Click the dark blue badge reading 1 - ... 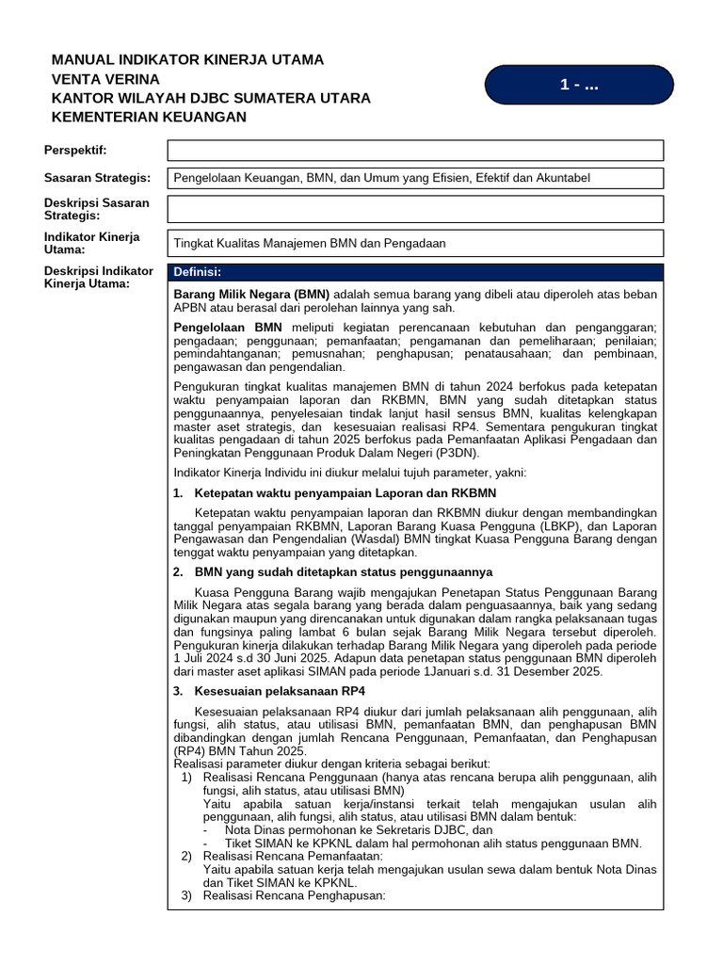click(x=578, y=85)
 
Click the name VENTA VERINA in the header click(x=104, y=79)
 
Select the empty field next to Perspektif click(x=415, y=151)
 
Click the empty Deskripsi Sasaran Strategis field click(x=415, y=209)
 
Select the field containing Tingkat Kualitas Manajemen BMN click(x=415, y=243)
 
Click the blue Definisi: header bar click(x=415, y=273)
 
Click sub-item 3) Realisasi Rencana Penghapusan click(x=295, y=896)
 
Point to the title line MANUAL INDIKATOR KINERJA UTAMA click(x=187, y=59)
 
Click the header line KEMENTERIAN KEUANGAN click(x=148, y=117)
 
